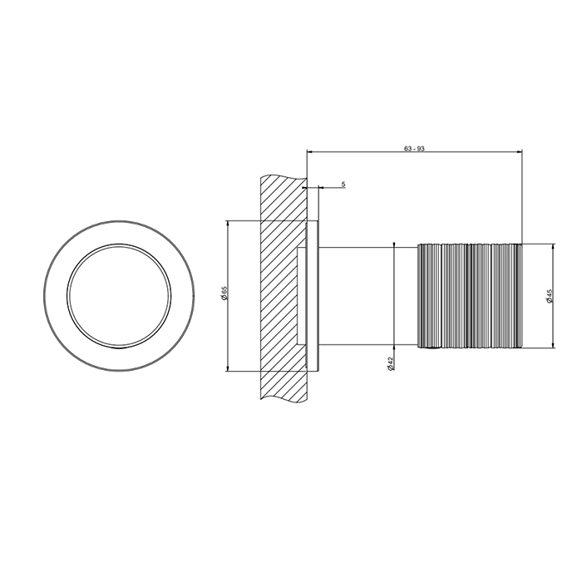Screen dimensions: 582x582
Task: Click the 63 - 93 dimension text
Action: click(x=414, y=149)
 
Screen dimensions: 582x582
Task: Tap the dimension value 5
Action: click(x=343, y=184)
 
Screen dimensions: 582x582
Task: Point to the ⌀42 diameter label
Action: click(x=390, y=364)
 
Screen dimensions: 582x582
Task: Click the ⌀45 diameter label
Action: click(x=550, y=296)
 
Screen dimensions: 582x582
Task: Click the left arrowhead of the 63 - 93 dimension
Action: click(x=310, y=151)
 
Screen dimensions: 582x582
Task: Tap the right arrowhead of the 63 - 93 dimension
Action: click(x=519, y=151)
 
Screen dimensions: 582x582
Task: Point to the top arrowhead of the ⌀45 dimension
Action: click(x=553, y=247)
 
